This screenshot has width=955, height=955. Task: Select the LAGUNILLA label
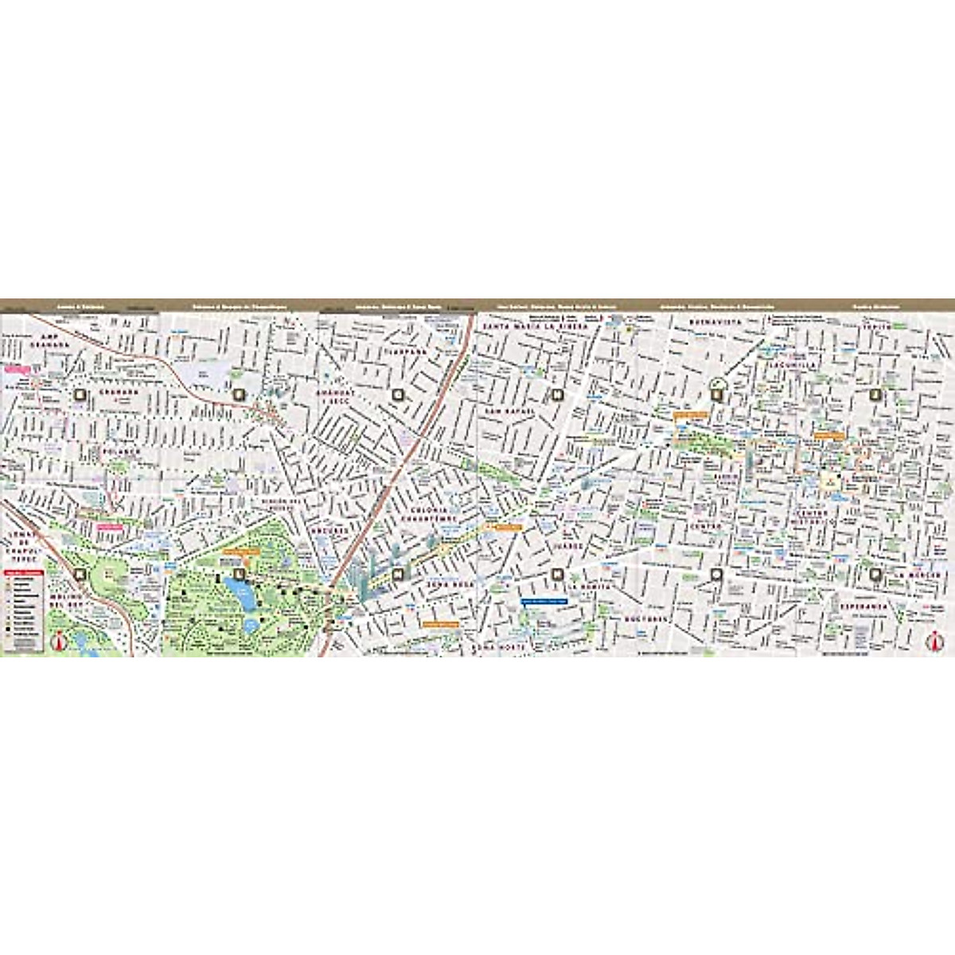tap(787, 364)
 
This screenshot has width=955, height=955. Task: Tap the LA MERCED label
tap(917, 575)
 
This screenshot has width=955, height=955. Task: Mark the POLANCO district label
tap(121, 451)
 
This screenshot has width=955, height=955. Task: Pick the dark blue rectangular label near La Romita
tap(543, 602)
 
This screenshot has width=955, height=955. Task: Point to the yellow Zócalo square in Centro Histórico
tap(829, 481)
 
